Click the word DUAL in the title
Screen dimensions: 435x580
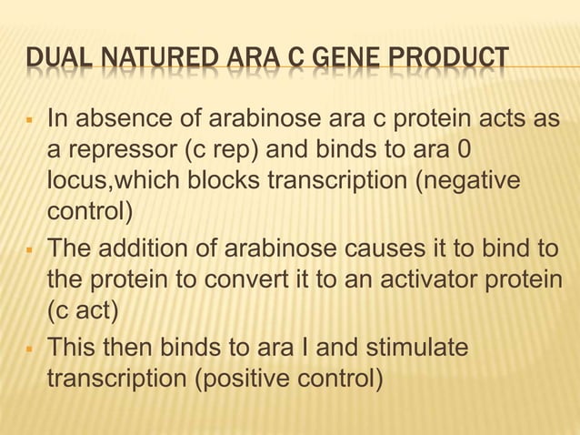(x=49, y=61)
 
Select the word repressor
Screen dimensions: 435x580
(x=112, y=150)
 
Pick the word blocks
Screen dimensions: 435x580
(x=226, y=181)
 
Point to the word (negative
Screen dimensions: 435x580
(x=468, y=181)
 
